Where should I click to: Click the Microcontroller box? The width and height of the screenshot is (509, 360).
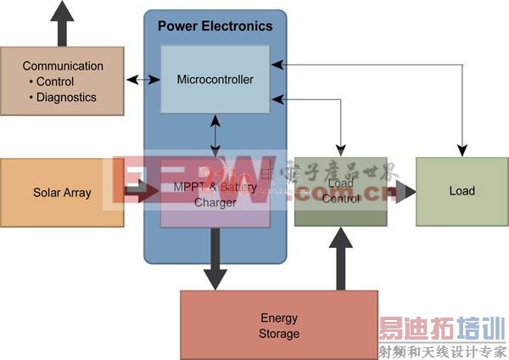pos(215,80)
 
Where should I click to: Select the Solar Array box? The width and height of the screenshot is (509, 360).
pos(62,193)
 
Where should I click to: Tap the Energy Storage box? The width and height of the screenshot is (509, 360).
pos(279,325)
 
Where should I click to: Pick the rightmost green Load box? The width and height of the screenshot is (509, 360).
pos(461,191)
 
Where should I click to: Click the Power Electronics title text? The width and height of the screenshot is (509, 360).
pos(215,26)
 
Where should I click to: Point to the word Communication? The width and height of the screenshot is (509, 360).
pos(63,66)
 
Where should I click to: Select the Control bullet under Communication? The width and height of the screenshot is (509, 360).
pos(55,82)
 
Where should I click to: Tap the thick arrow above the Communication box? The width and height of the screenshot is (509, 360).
pos(62,23)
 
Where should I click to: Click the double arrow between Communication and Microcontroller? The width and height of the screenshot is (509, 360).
pos(143,80)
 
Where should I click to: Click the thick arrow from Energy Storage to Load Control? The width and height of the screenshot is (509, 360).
pos(340,258)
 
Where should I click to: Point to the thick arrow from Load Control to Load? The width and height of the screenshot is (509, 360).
pos(402,191)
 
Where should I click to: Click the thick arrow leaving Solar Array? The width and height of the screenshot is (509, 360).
pos(140,193)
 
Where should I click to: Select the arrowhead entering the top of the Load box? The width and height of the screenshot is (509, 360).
pos(462,152)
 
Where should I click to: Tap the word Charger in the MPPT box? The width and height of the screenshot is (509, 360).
pos(215,203)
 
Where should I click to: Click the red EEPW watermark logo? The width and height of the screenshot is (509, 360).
pos(191,180)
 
